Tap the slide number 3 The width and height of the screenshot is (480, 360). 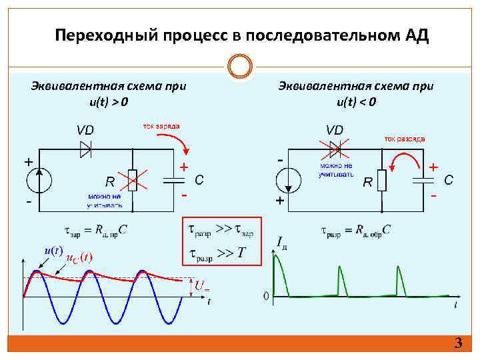point(457,344)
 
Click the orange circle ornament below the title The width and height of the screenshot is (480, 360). point(239,67)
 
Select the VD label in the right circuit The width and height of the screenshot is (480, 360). point(334,129)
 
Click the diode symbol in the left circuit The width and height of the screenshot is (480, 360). point(85,149)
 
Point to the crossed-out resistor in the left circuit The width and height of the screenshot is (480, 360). point(133,180)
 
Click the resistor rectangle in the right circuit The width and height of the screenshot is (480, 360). point(382,180)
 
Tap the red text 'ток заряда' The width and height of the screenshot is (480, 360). point(161,125)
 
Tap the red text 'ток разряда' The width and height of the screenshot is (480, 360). point(404,139)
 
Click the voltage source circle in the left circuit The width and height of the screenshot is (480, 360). point(41,180)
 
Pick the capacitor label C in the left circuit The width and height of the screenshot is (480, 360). point(199,180)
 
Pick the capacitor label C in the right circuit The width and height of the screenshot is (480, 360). point(449,180)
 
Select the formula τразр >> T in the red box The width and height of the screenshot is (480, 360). point(218,254)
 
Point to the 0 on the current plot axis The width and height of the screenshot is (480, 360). point(266,295)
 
